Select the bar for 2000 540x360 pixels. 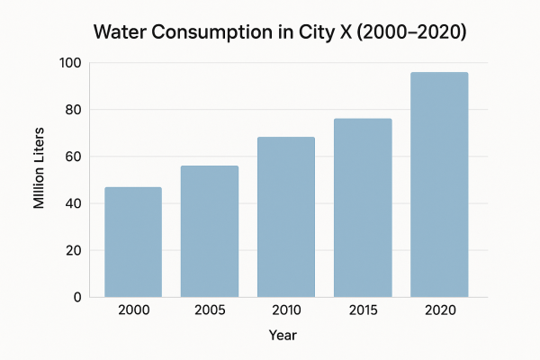133,241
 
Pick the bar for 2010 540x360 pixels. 286,217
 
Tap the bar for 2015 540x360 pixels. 363,208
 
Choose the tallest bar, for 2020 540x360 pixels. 439,184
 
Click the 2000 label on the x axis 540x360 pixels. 133,310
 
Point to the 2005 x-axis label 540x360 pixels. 210,310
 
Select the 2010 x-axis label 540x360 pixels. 286,310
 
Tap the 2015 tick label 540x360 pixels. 363,310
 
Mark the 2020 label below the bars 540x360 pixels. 439,310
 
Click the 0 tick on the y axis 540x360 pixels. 77,297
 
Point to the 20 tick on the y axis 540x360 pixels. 74,250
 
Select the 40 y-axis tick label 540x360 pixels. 74,203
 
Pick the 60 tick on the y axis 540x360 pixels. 74,157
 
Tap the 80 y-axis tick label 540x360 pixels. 74,110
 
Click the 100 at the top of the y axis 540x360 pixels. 70,63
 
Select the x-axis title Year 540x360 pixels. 283,335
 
